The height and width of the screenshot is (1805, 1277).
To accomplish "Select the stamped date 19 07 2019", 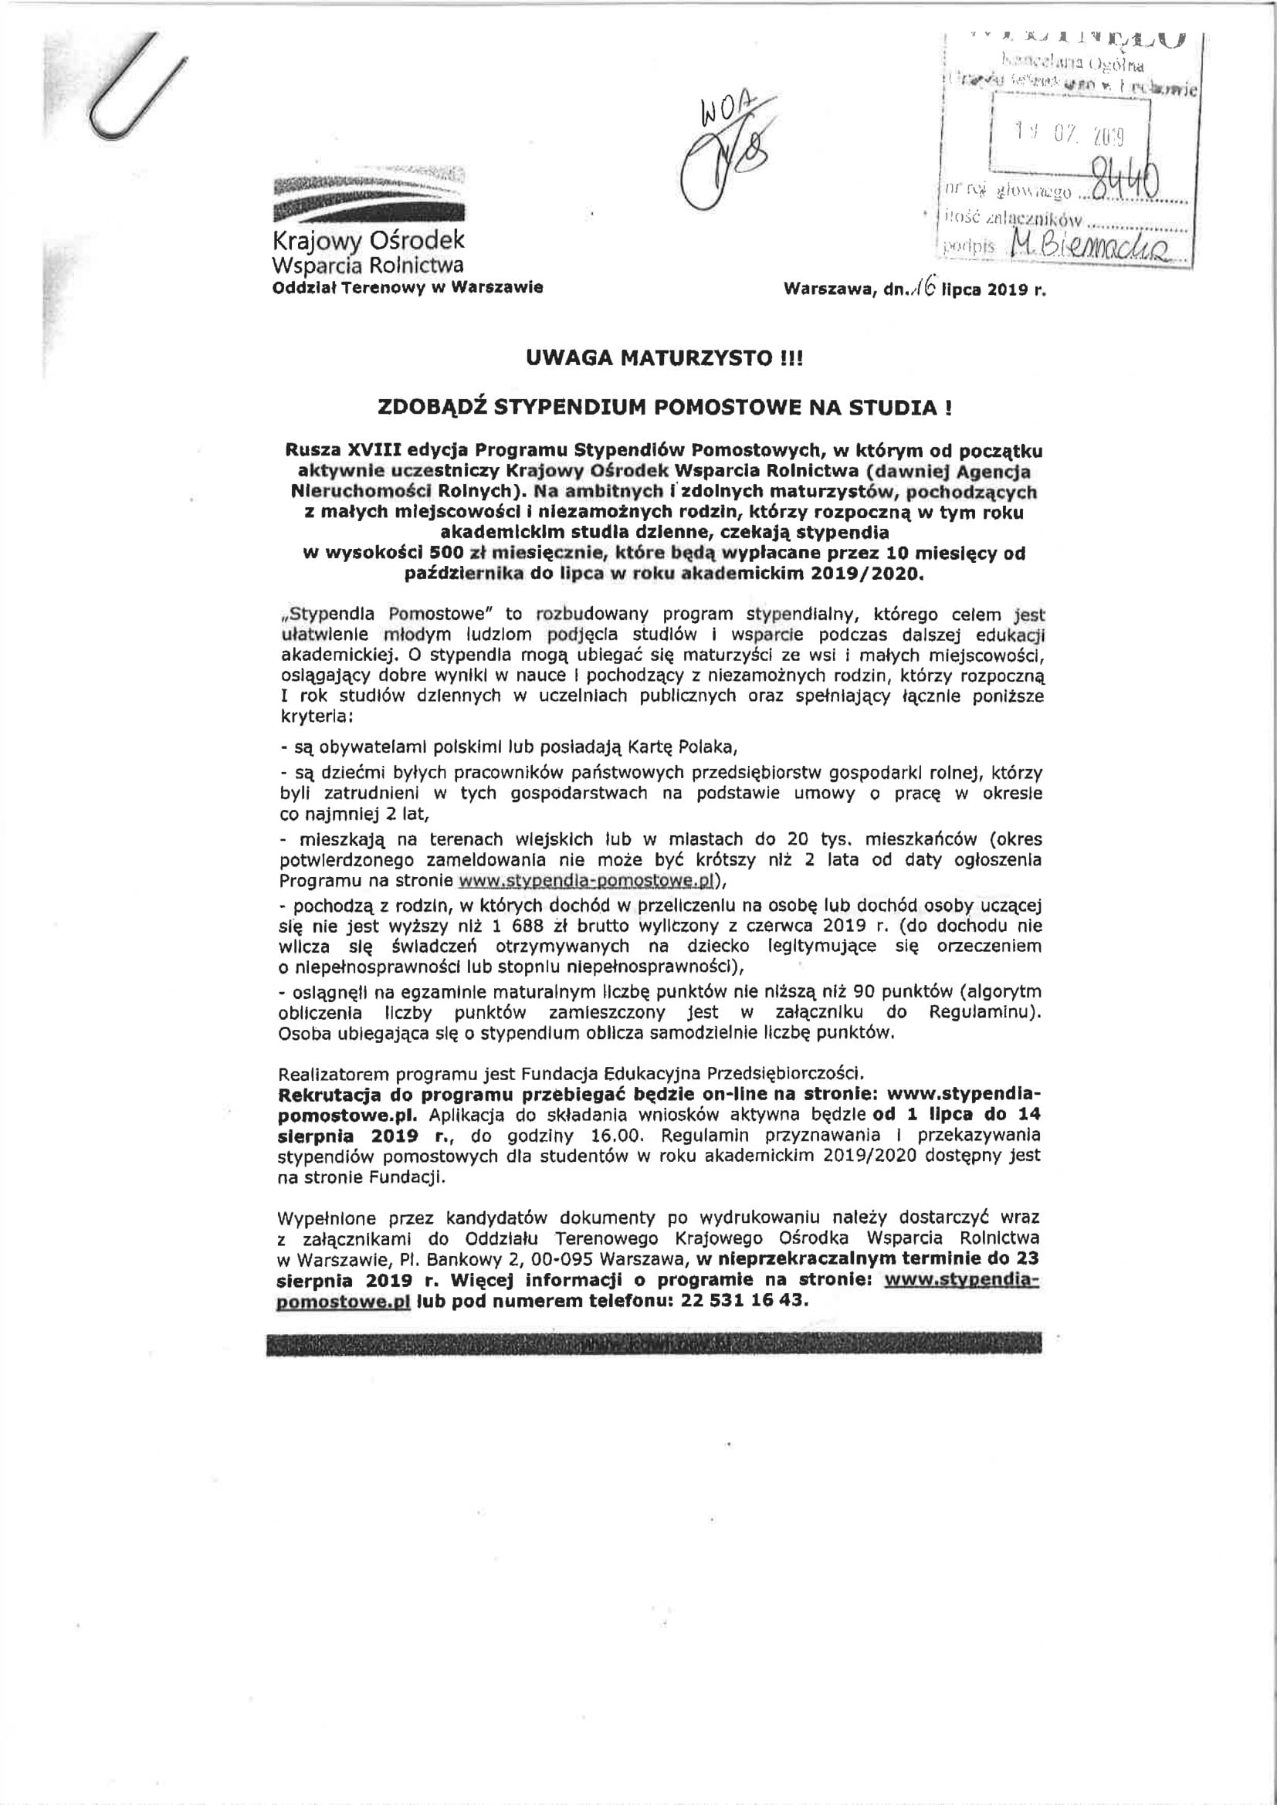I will pyautogui.click(x=1069, y=135).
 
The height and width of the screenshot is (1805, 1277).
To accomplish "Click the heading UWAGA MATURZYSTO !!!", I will pyautogui.click(x=665, y=358).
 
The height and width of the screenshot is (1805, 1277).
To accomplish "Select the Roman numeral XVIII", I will pyautogui.click(x=374, y=450).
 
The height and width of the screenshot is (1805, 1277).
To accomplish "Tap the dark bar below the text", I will pyautogui.click(x=653, y=1343).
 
